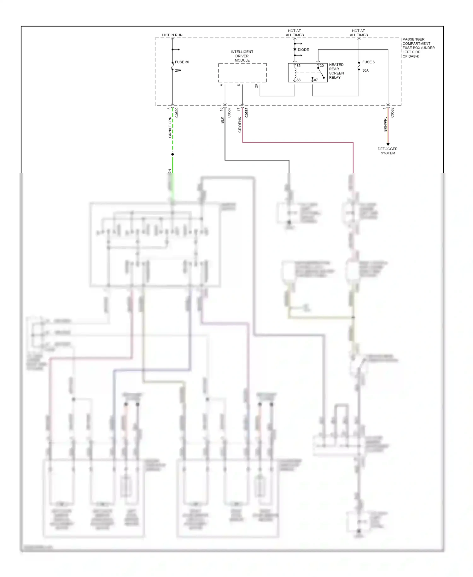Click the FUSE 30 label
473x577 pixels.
point(182,62)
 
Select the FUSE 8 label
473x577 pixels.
point(368,62)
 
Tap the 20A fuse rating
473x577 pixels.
point(178,70)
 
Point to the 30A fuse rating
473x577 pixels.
point(365,70)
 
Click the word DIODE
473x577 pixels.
point(303,50)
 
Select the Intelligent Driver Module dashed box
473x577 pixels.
point(242,73)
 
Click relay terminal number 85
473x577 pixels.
point(298,66)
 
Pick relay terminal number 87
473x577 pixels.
point(316,80)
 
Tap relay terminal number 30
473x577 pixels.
point(322,66)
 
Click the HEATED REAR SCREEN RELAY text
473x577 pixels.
point(336,71)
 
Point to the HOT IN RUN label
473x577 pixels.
point(172,35)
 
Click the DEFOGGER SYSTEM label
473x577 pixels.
point(388,151)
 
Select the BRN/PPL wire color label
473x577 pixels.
point(385,124)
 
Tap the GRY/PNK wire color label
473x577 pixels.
point(240,125)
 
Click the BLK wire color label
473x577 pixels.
point(222,120)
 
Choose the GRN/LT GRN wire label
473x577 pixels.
point(170,127)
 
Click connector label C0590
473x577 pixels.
point(177,112)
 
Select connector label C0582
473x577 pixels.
point(392,112)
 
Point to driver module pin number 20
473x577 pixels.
point(256,86)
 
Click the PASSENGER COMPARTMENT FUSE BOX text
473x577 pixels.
point(418,48)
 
